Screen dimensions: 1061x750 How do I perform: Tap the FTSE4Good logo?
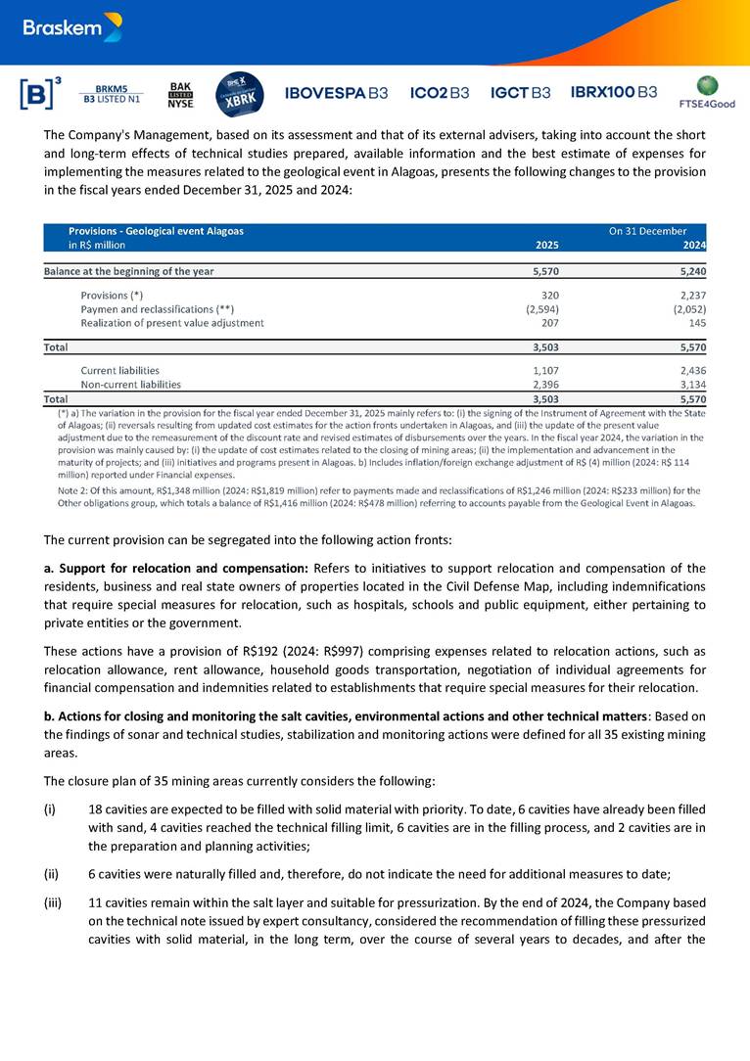point(706,92)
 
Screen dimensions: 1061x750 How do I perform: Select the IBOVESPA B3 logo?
point(336,93)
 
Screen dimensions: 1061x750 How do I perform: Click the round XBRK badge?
point(237,94)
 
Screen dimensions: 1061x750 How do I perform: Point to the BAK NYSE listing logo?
point(181,94)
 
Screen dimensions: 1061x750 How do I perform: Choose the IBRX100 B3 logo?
point(614,93)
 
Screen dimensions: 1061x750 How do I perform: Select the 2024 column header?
point(694,245)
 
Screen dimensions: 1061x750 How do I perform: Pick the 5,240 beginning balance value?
point(690,271)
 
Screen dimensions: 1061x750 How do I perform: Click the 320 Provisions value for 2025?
point(549,295)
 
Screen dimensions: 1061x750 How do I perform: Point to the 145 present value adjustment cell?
point(697,322)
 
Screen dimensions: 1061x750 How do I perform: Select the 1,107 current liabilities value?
point(545,371)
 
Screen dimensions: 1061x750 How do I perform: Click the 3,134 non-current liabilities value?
point(690,385)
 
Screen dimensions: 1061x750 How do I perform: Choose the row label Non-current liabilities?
point(130,385)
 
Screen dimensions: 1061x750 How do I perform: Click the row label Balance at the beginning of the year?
point(129,271)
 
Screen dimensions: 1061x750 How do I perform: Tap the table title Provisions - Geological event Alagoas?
point(156,231)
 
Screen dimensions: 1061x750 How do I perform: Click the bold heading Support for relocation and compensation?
point(183,569)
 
